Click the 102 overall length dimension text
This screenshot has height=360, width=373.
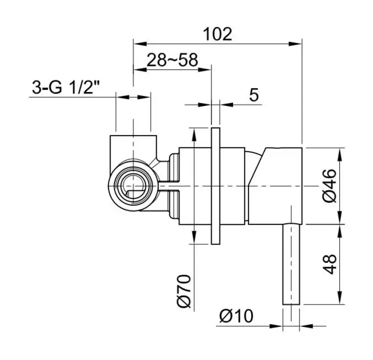pos(217,34)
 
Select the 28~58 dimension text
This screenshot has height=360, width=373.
pos(173,60)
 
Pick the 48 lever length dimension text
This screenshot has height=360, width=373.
pos(330,264)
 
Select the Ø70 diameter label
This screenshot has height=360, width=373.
pos(185,291)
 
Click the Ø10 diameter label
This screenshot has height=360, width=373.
pos(236,317)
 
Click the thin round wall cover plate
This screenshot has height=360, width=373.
pos(215,185)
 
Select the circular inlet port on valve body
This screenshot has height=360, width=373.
pos(133,185)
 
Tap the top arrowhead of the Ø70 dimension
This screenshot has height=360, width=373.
pos(193,132)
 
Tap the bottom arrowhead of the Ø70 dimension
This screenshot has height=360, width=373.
pos(193,238)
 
